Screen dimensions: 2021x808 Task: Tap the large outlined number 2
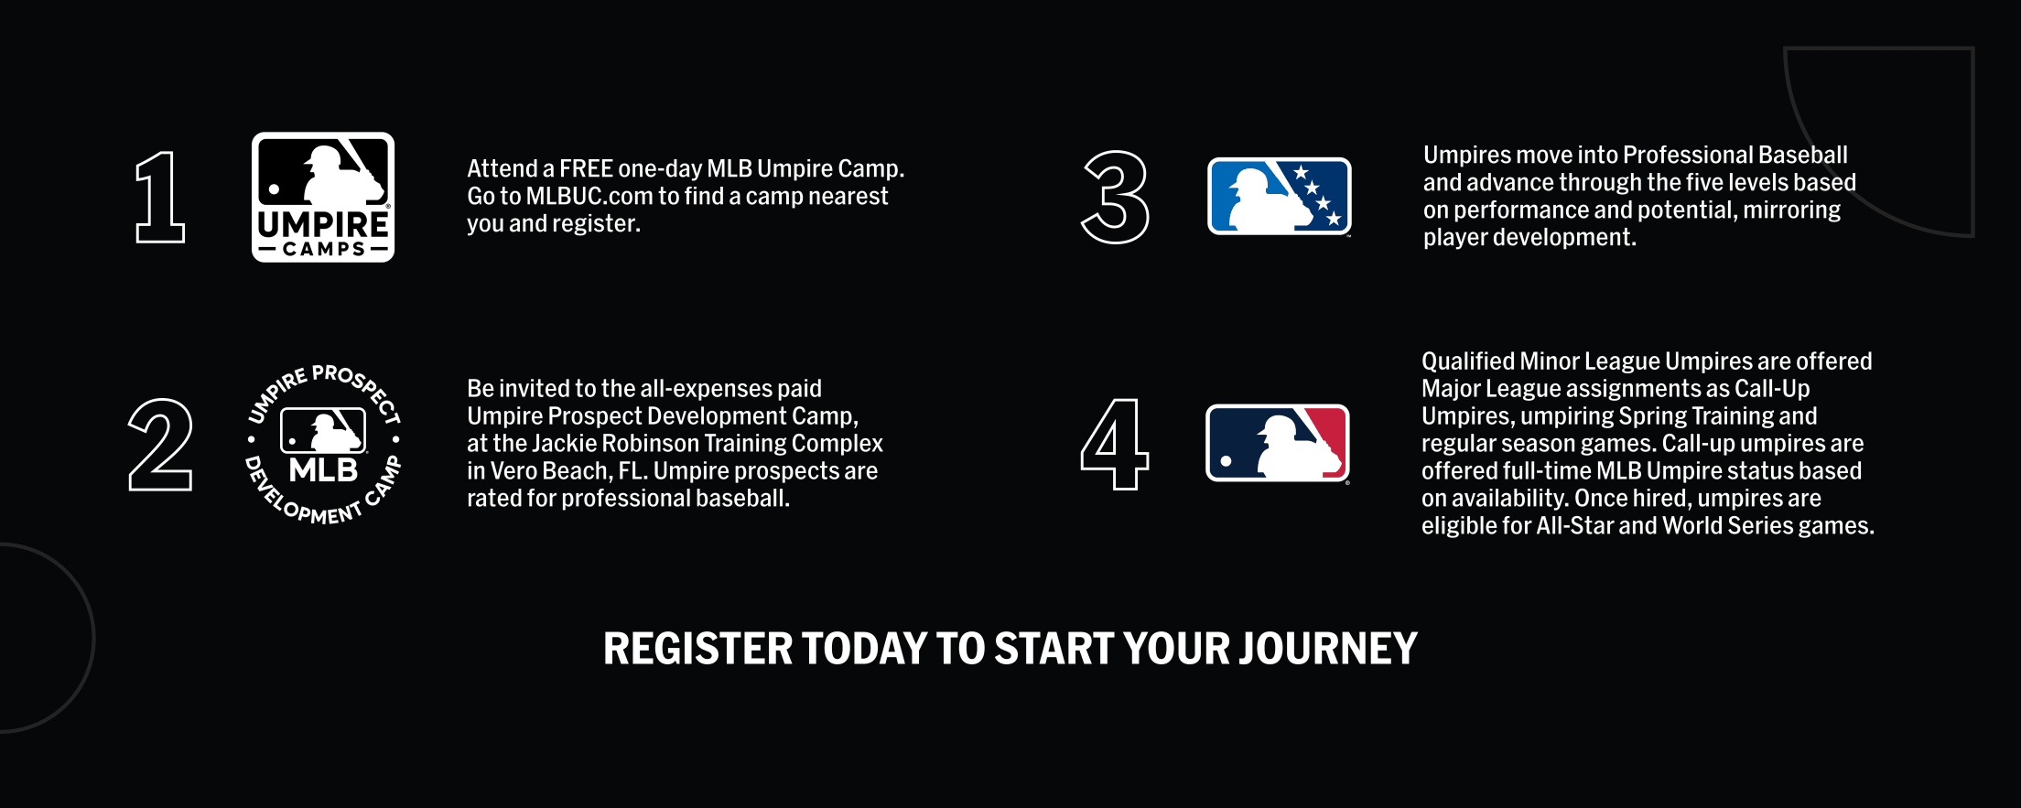pos(161,445)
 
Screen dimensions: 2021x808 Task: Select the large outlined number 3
pos(1115,197)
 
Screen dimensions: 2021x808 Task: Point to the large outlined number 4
pos(1114,444)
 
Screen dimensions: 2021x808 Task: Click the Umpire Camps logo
pos(323,197)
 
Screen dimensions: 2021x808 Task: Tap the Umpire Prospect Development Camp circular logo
pos(323,444)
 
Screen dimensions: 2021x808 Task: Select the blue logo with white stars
pos(1280,196)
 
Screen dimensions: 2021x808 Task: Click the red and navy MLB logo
pos(1278,443)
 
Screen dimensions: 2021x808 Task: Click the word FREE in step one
pos(586,168)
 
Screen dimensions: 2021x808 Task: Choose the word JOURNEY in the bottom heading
pos(1328,649)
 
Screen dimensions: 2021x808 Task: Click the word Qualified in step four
pos(1467,361)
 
